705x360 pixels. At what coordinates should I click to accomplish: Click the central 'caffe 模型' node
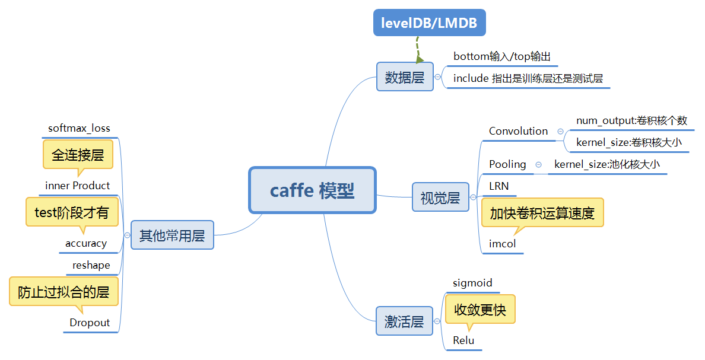point(312,190)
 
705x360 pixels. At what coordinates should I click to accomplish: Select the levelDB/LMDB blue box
point(430,23)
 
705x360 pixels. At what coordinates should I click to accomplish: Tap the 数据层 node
point(405,77)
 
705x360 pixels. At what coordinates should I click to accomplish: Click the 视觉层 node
point(440,198)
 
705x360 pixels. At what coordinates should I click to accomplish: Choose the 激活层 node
point(404,321)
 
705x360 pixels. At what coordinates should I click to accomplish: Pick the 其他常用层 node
point(172,235)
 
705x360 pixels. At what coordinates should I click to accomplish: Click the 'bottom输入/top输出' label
point(502,57)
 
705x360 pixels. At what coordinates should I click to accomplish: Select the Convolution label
point(518,131)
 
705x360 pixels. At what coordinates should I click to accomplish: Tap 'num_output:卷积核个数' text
point(631,120)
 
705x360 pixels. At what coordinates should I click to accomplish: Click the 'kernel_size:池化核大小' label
point(606,164)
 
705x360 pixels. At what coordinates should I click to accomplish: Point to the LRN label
point(498,186)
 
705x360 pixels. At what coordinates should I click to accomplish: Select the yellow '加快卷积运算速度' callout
point(542,213)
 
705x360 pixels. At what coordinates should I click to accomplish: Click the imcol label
point(502,244)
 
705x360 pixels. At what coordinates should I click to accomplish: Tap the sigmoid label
point(472,283)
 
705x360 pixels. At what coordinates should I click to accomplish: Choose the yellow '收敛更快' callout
point(480,309)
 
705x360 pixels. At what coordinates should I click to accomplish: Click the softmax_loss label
point(79,128)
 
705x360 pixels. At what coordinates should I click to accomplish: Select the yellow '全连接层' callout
point(78,155)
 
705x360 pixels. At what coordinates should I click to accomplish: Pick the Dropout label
point(90,323)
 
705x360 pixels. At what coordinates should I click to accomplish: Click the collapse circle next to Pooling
point(538,164)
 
